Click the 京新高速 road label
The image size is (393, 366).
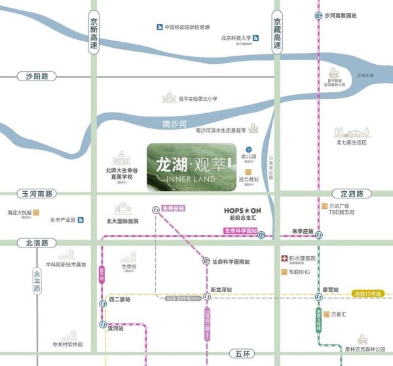pyautogui.click(x=94, y=36)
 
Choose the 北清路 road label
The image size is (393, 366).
pyautogui.click(x=37, y=242)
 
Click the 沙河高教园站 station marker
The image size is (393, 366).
pyautogui.click(x=318, y=15)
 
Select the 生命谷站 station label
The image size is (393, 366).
pyautogui.click(x=173, y=208)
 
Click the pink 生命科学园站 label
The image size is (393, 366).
pyautogui.click(x=240, y=231)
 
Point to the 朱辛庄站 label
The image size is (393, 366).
pyautogui.click(x=303, y=231)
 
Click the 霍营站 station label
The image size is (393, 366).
pyautogui.click(x=329, y=289)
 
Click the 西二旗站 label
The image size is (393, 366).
pyautogui.click(x=119, y=300)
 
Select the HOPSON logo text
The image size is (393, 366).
pyautogui.click(x=238, y=211)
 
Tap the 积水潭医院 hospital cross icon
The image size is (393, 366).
pyautogui.click(x=284, y=259)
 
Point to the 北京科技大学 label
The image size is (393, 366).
pyautogui.click(x=236, y=38)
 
